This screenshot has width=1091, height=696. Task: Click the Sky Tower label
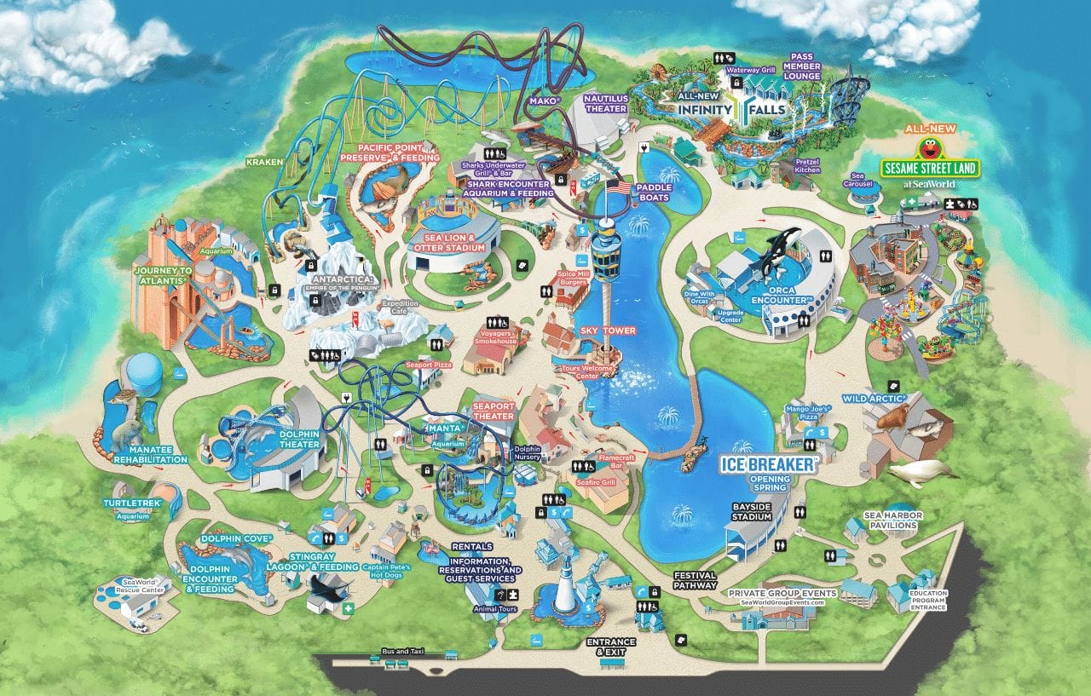click(x=608, y=331)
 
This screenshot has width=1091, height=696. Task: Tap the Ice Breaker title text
click(x=769, y=464)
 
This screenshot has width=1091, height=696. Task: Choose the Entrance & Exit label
click(x=611, y=647)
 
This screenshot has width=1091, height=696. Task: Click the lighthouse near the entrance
click(x=564, y=588)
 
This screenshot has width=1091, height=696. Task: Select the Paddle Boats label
click(x=654, y=193)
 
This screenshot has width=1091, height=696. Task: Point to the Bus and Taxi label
click(x=401, y=652)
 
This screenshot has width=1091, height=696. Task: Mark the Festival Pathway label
click(x=695, y=581)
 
